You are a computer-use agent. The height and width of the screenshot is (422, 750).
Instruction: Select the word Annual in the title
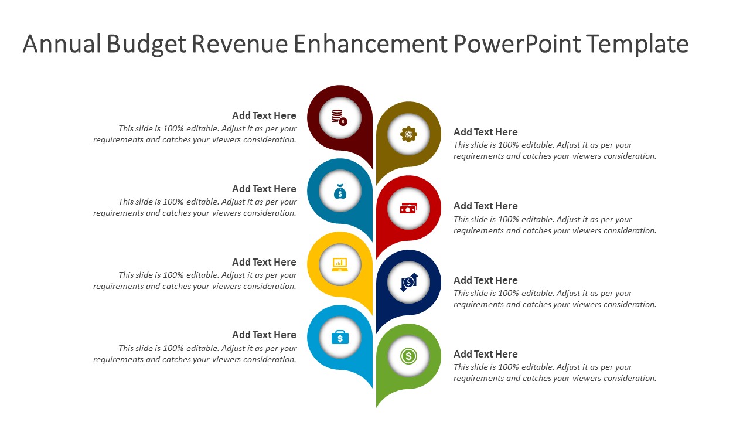(x=62, y=44)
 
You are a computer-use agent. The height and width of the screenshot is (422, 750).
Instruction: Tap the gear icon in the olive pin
(x=408, y=134)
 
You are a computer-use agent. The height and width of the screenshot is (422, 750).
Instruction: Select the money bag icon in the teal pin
(x=340, y=191)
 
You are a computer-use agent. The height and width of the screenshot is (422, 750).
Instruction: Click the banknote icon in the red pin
(x=408, y=208)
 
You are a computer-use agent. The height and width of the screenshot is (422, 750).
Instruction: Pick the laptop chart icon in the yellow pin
(x=340, y=264)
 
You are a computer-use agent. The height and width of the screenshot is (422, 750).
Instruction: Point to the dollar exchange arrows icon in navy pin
(x=408, y=282)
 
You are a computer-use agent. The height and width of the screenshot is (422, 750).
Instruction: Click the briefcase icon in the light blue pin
(x=340, y=338)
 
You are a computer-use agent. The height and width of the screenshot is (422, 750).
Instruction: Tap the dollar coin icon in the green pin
(x=408, y=356)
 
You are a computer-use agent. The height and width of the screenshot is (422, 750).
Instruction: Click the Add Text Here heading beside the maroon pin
(x=264, y=115)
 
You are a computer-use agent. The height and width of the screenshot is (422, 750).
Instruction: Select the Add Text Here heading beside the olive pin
(x=485, y=132)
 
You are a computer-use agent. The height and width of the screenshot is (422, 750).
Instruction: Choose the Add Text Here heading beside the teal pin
(x=264, y=189)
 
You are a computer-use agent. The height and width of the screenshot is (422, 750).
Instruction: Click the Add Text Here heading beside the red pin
(x=485, y=206)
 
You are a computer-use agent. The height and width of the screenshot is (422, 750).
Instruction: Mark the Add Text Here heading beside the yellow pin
(x=264, y=262)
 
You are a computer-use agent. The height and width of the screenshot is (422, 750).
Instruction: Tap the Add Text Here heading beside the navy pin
(x=485, y=280)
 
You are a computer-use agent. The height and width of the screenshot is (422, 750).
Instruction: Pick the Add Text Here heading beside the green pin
(x=485, y=354)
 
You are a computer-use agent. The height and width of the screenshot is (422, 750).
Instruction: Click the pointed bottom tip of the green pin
(x=377, y=406)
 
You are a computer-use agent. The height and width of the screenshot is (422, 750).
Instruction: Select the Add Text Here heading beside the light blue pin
(x=264, y=335)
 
